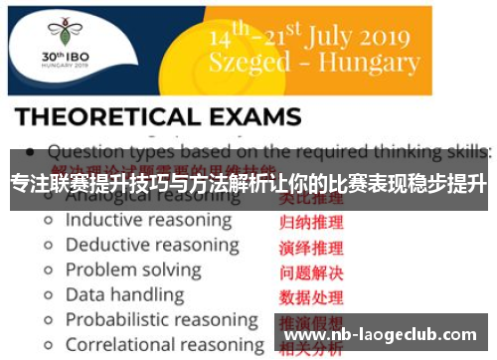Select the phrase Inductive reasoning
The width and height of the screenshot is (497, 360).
[x=148, y=220]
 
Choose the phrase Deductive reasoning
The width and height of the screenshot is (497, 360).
[x=151, y=245]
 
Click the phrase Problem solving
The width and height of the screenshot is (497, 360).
[x=132, y=270]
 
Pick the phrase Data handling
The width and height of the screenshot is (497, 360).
[x=124, y=294]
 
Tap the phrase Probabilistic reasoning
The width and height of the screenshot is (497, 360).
[x=161, y=319]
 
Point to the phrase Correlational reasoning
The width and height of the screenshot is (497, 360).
[x=164, y=345]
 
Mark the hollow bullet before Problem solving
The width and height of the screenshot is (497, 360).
[x=47, y=270]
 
